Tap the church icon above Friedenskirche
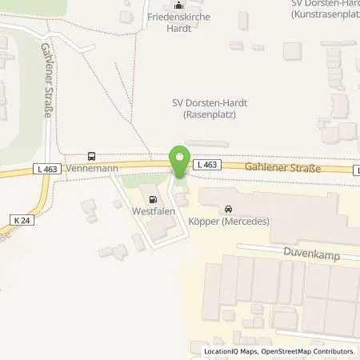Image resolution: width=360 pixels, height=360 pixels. point(178,5)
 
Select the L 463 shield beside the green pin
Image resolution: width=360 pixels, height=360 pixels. point(206,164)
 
